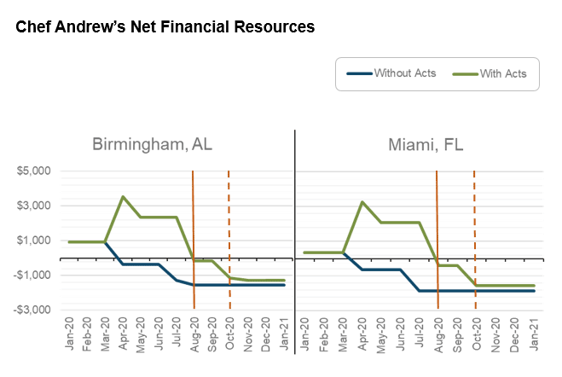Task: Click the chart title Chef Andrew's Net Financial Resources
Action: click(165, 26)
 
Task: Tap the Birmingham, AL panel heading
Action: click(152, 144)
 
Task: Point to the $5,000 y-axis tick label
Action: click(33, 171)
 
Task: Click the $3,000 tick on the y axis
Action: click(33, 206)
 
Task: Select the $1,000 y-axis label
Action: click(33, 241)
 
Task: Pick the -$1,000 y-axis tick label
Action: click(32, 275)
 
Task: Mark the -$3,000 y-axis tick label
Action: click(32, 310)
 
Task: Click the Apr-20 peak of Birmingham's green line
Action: click(123, 197)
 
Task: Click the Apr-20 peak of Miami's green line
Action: click(362, 202)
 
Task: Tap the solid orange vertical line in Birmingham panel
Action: click(194, 222)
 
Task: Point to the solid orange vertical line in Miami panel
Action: click(437, 222)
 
